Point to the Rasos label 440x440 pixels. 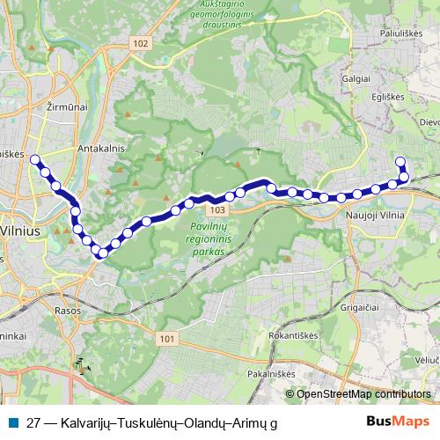(67, 311)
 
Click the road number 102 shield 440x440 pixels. (143, 43)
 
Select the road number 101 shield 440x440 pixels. (171, 338)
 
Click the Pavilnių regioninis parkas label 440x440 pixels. (208, 238)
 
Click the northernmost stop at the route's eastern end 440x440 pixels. (400, 161)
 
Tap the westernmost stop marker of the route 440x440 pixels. (35, 160)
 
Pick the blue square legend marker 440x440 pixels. (13, 422)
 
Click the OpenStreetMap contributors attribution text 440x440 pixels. (363, 394)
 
